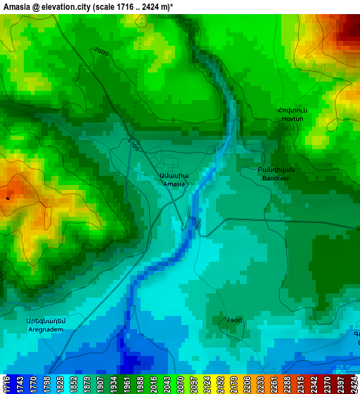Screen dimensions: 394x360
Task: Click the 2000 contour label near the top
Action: coord(101,52)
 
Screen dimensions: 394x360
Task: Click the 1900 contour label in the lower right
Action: coord(233,320)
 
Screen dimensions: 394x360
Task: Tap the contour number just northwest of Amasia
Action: coord(133,144)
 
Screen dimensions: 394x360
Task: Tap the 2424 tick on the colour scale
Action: coord(354,385)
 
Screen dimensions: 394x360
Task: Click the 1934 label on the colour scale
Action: coord(113,385)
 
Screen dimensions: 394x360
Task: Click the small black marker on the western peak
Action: coord(8,198)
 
